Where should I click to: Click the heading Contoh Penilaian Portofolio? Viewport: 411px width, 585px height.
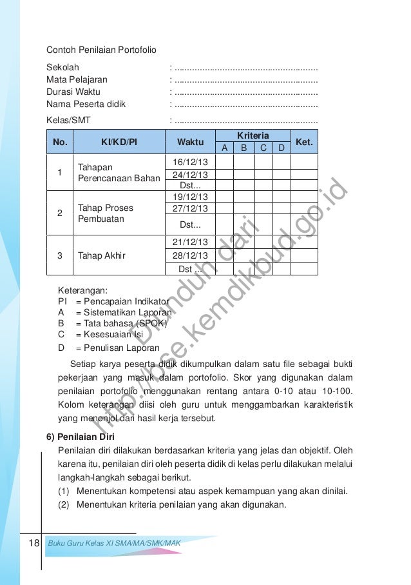(x=101, y=50)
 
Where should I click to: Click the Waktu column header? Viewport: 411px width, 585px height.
(x=190, y=142)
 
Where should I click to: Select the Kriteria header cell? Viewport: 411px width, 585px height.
(x=253, y=135)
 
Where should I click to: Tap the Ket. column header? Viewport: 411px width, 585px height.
(x=303, y=142)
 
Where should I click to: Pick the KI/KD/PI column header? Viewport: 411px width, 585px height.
(x=119, y=142)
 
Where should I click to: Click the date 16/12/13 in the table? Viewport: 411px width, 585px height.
(x=190, y=163)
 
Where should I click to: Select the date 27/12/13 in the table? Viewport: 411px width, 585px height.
(x=190, y=208)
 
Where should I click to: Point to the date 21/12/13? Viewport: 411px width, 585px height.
(x=190, y=243)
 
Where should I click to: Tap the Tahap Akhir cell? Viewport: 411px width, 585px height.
(x=101, y=255)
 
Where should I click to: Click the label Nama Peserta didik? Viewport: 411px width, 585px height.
(x=86, y=104)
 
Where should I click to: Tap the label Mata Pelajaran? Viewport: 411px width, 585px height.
(x=77, y=80)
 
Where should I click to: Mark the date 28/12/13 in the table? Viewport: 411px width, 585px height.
(x=190, y=255)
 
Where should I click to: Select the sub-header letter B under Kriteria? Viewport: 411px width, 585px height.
(x=244, y=148)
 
